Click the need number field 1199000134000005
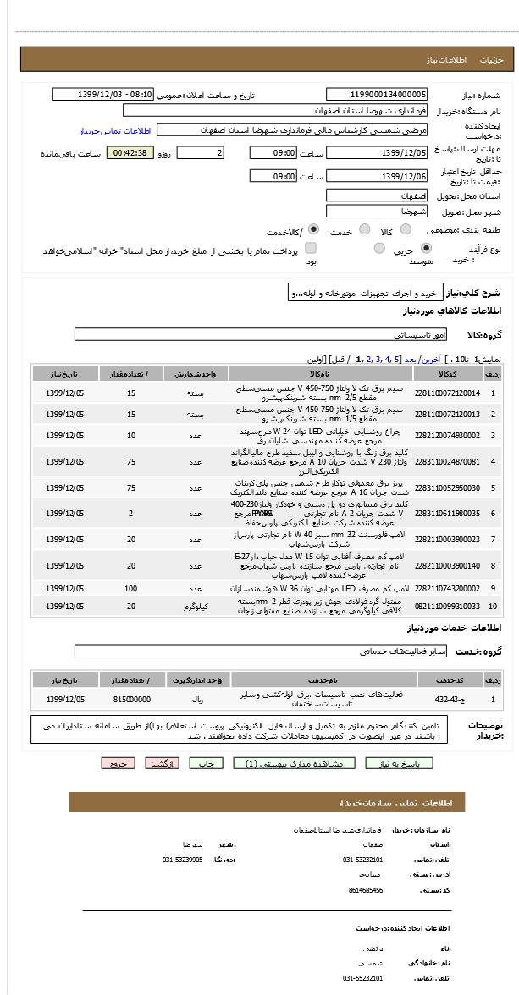point(377,95)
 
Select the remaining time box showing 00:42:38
point(130,153)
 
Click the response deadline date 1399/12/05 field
point(377,153)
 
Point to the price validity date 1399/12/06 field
point(377,176)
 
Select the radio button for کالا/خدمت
point(313,229)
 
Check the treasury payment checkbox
point(311,248)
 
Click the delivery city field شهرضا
point(377,212)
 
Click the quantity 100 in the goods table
point(131,588)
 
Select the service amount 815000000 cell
point(131,700)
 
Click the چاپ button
point(206,763)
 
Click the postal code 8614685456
point(366,890)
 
